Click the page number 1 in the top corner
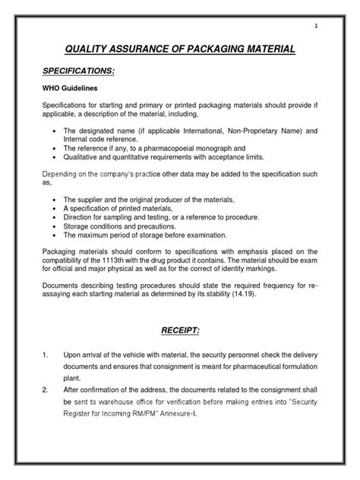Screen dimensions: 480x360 pyautogui.click(x=316, y=28)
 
